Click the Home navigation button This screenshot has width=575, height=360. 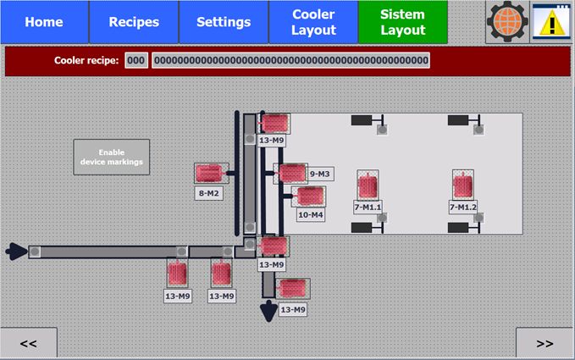tap(44, 22)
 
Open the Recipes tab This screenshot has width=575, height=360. tap(134, 22)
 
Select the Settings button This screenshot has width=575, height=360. tap(224, 22)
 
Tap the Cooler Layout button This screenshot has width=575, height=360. tap(313, 22)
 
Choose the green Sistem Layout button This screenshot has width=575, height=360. tap(403, 22)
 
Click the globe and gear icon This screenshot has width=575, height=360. tap(506, 22)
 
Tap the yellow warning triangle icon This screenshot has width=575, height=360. tap(552, 22)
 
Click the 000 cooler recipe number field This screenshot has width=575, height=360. tap(136, 61)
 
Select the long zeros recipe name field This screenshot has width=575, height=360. tap(290, 61)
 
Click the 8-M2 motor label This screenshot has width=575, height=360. tap(209, 193)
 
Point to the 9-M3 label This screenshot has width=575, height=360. tap(320, 174)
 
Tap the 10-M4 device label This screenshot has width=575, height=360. tap(311, 214)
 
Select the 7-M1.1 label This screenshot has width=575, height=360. tap(368, 207)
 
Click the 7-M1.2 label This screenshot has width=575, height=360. tap(463, 207)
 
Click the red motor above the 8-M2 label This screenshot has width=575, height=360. tap(208, 174)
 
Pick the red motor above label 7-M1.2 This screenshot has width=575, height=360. tap(462, 185)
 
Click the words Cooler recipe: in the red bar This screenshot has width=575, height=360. tap(86, 61)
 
